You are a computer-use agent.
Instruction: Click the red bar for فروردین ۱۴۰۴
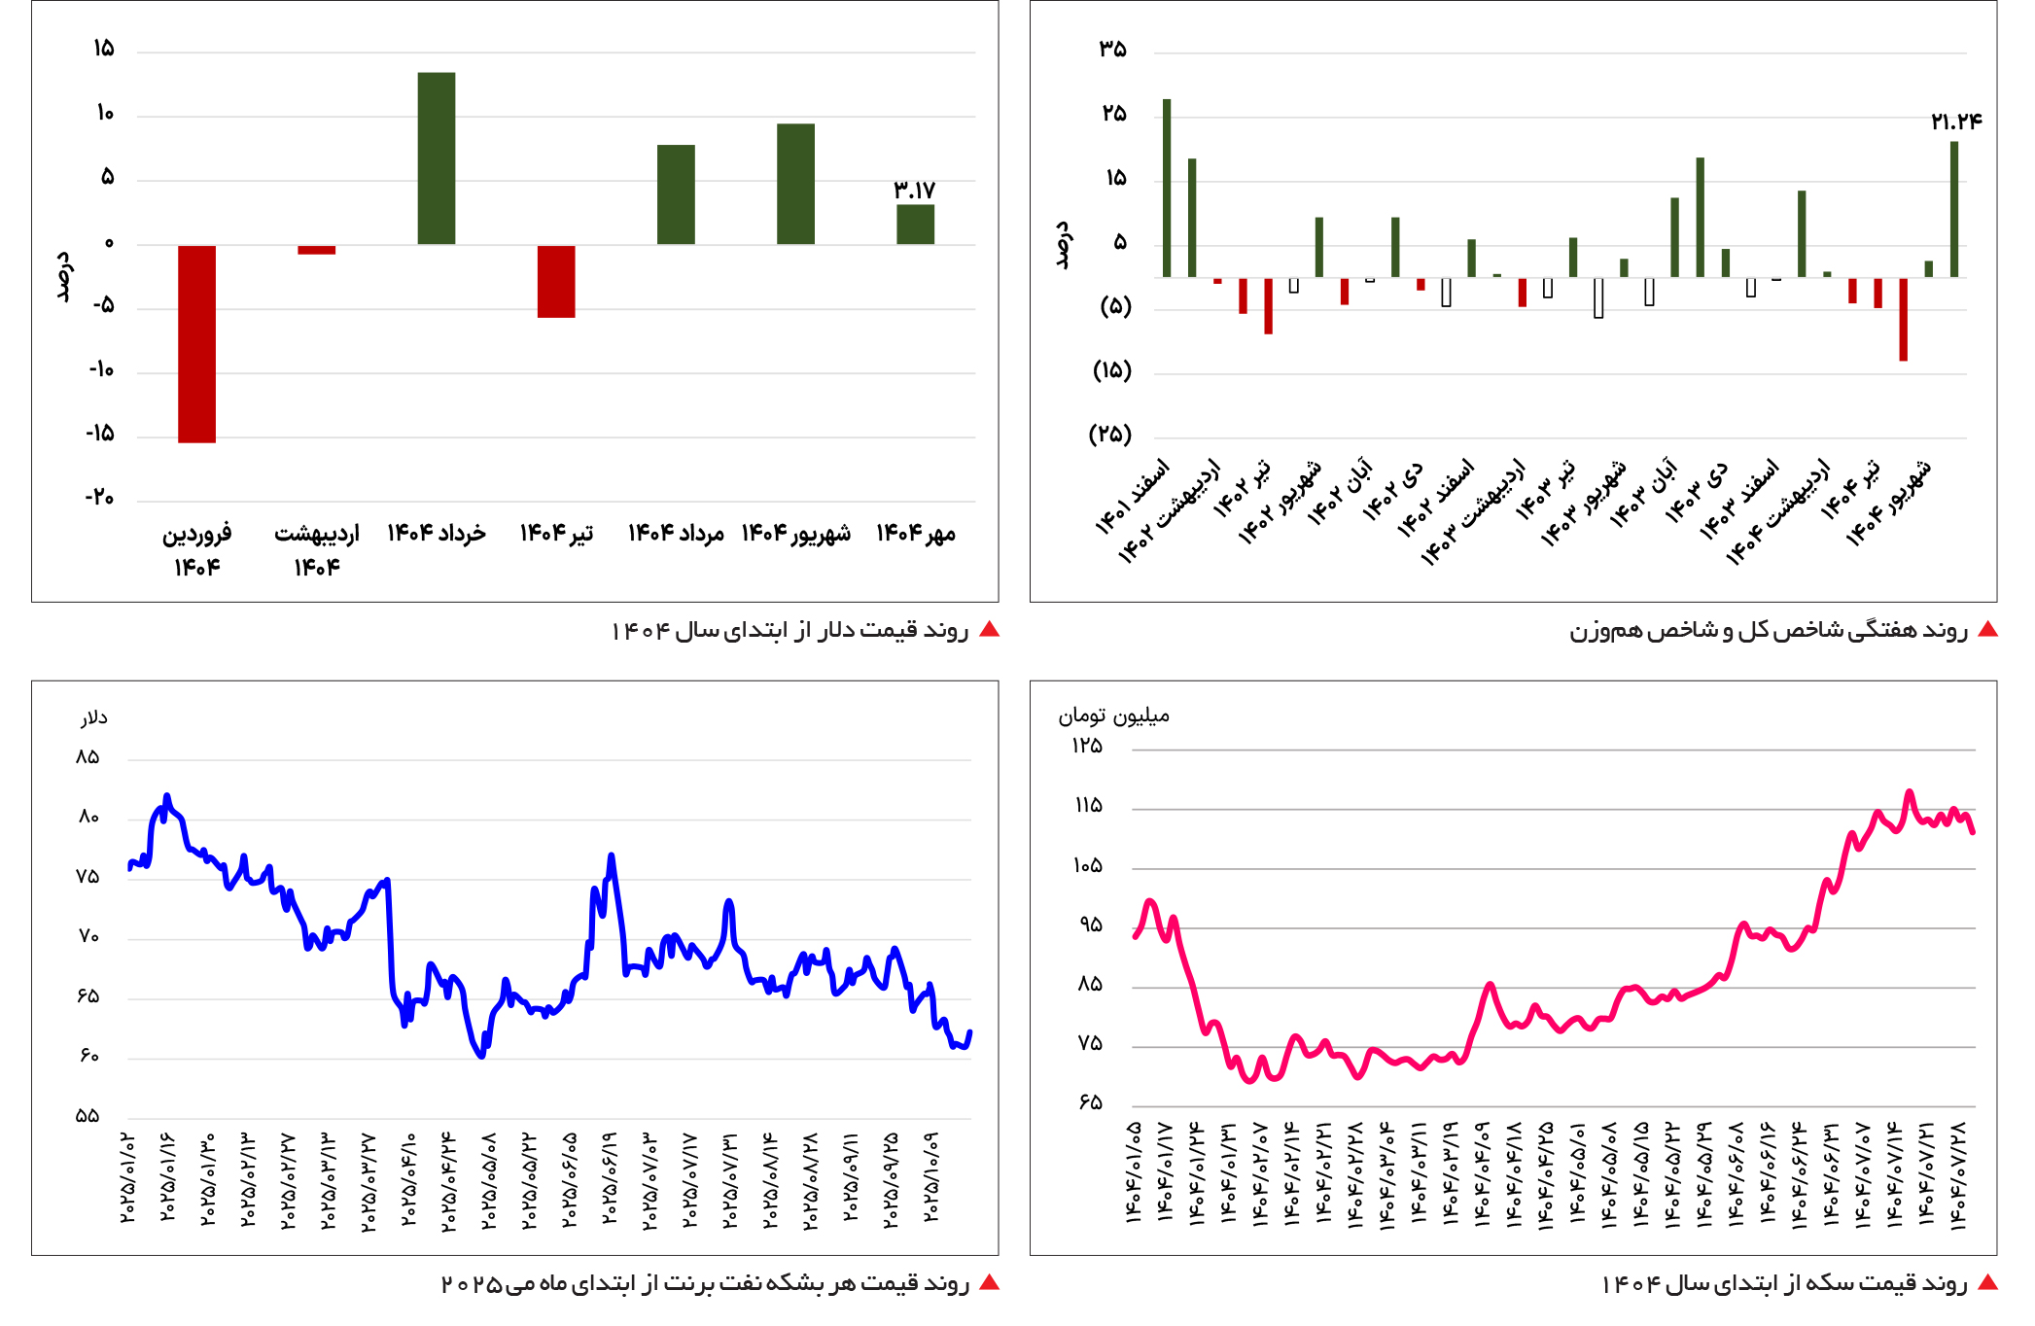(196, 343)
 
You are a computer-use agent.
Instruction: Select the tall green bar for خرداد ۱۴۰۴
(437, 158)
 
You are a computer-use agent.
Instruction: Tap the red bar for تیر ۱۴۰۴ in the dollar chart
(556, 281)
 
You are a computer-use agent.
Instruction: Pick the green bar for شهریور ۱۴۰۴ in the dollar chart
(795, 184)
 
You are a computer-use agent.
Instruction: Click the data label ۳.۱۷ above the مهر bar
(914, 190)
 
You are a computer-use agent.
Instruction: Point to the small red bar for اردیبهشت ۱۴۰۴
(316, 250)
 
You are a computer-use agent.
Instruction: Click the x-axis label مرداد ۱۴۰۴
(676, 534)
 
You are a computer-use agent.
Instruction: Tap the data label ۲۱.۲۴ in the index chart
(1955, 122)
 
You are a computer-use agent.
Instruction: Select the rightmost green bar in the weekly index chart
(1953, 209)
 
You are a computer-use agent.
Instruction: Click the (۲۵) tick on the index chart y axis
(1110, 435)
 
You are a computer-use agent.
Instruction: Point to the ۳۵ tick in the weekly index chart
(1113, 50)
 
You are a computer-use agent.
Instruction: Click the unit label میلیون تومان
(1113, 716)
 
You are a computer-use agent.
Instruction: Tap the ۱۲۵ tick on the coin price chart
(1087, 747)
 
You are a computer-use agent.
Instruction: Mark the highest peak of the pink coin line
(1910, 792)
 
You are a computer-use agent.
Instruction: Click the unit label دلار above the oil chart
(93, 718)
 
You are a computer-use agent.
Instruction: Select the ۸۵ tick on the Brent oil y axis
(88, 757)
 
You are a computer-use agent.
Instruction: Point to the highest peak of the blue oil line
(167, 796)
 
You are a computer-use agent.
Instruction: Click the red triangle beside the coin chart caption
(1987, 1283)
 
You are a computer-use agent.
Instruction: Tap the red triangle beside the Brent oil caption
(989, 1283)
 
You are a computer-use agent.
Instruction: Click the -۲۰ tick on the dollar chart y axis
(99, 499)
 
